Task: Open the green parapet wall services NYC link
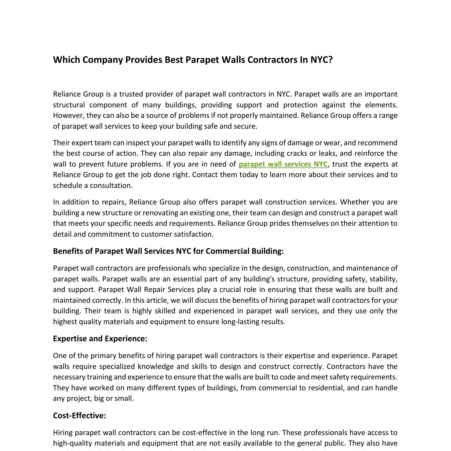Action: coord(283,164)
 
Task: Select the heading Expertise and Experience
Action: coord(100,339)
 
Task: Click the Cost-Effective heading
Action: coord(79,416)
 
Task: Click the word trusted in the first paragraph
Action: coord(131,94)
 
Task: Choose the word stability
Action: coord(383,279)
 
